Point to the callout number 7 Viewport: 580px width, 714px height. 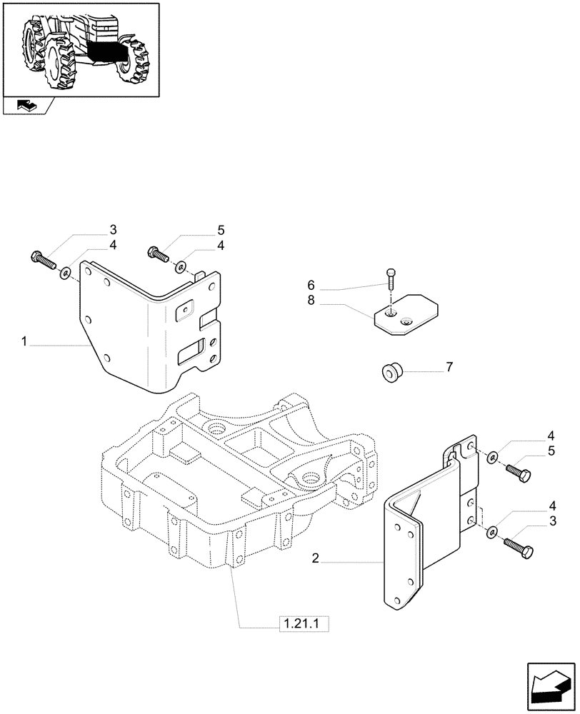(x=449, y=367)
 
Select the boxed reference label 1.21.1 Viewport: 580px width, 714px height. (x=301, y=625)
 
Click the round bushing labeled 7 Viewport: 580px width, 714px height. (x=391, y=371)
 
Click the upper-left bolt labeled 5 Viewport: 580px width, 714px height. (x=158, y=253)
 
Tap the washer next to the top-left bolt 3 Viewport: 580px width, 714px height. (x=65, y=271)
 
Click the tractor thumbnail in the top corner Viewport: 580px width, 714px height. (x=80, y=48)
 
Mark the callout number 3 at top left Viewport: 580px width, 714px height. (x=112, y=229)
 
